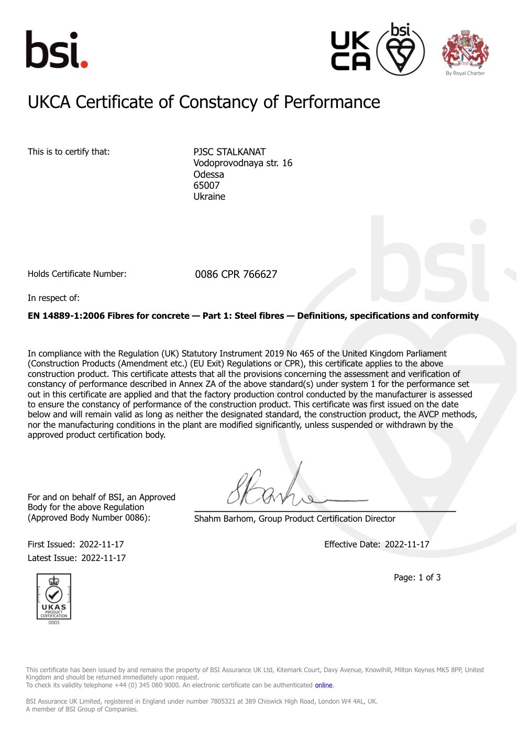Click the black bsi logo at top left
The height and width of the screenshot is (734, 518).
click(57, 50)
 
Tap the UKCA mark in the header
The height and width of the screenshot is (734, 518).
click(350, 51)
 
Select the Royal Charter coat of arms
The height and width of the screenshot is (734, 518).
click(465, 51)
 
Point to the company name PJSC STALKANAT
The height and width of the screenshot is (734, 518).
click(229, 152)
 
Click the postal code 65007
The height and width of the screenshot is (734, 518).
click(206, 186)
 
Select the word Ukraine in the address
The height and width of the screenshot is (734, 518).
click(209, 197)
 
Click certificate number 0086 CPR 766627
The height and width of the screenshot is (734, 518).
click(236, 274)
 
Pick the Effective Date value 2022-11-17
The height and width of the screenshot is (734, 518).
click(407, 545)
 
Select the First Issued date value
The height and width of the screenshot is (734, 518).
click(102, 545)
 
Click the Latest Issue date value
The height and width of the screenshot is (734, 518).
click(103, 558)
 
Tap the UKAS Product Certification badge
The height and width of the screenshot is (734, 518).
click(53, 598)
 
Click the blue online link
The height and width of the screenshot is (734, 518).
click(323, 685)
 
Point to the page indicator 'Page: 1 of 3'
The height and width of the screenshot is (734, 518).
click(417, 578)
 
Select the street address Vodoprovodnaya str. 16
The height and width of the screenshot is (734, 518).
click(243, 163)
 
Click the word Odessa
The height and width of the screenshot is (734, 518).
click(208, 175)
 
